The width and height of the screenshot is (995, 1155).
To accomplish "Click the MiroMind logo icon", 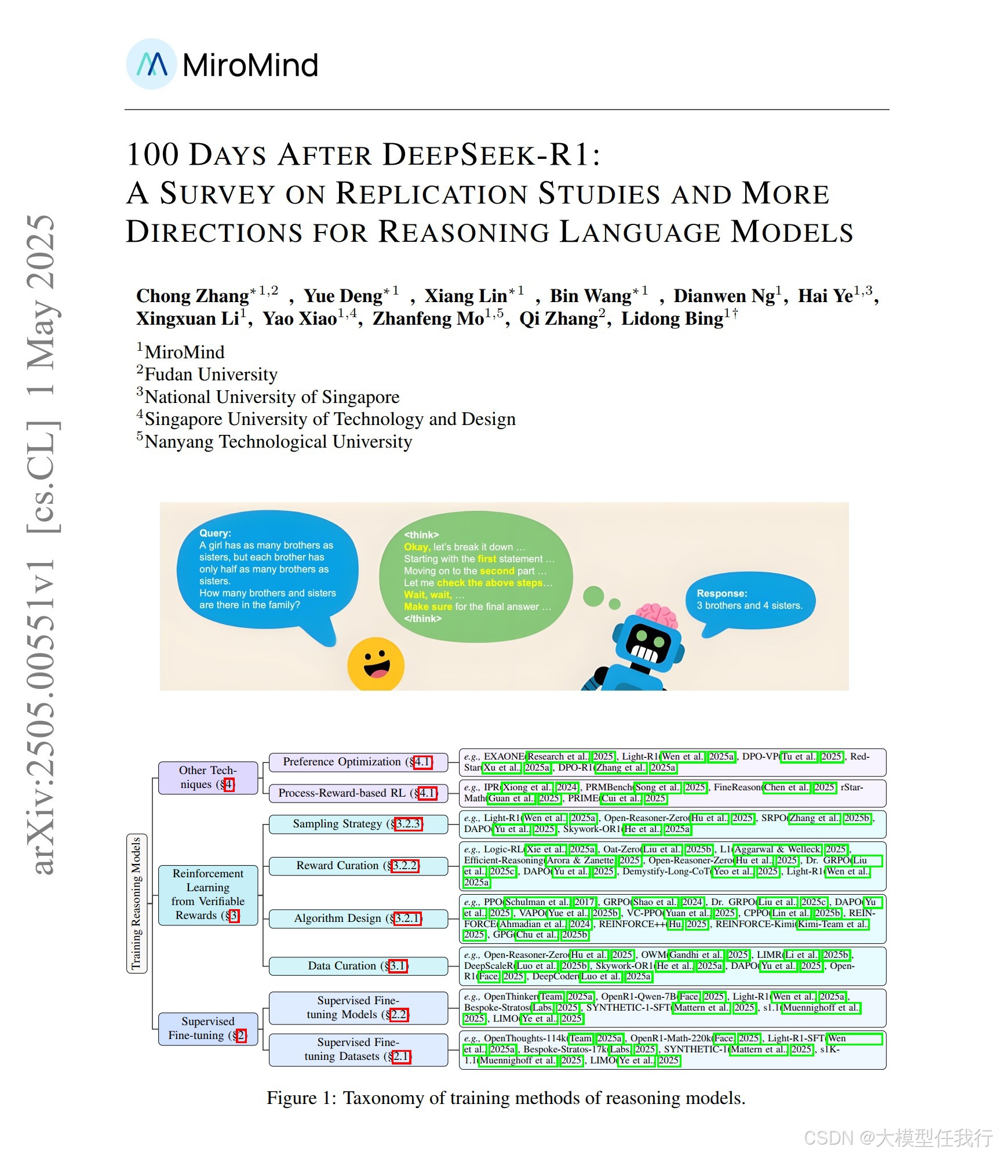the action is point(151,64).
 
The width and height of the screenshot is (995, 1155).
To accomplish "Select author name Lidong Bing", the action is point(672,319).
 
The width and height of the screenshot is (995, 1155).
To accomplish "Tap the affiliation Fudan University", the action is point(211,375).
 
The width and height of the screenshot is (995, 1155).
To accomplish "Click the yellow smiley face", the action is point(376,664).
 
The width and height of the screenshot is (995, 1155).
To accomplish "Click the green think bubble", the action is point(476,576).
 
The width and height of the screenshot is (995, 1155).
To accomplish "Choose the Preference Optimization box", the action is point(358,762).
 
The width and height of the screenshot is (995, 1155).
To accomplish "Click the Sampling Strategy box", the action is point(358,824).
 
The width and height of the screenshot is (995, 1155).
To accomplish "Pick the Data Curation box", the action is point(358,966).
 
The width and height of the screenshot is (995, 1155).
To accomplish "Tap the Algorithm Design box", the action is point(358,918).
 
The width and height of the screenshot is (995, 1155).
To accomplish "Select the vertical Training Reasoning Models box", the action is point(137,903).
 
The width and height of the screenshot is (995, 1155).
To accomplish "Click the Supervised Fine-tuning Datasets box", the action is point(358,1049).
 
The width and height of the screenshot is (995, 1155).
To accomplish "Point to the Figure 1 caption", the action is point(505,1098).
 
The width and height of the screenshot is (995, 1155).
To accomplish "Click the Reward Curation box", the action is point(358,866).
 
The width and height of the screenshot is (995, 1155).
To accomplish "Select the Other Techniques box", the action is point(207,778).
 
